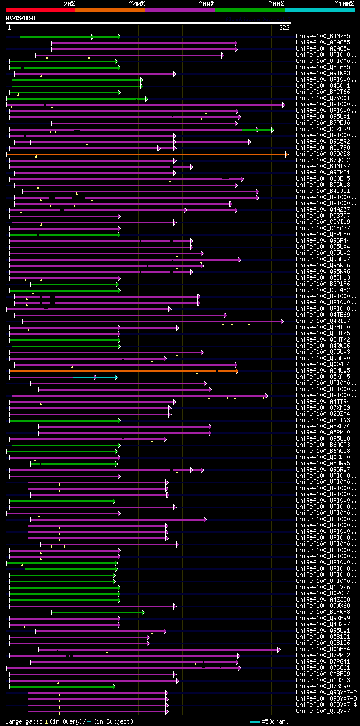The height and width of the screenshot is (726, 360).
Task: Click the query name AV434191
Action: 21,18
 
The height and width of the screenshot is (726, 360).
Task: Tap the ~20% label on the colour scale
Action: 69,3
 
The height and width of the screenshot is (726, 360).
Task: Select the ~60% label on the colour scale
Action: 206,3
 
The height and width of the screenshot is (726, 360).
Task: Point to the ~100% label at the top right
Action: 344,3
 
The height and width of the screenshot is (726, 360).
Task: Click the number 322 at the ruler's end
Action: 284,27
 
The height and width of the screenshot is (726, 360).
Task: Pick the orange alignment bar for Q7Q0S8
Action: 146,154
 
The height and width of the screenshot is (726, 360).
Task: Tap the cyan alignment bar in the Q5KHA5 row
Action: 94,377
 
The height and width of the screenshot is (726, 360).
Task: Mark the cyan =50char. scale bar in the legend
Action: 255,721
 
